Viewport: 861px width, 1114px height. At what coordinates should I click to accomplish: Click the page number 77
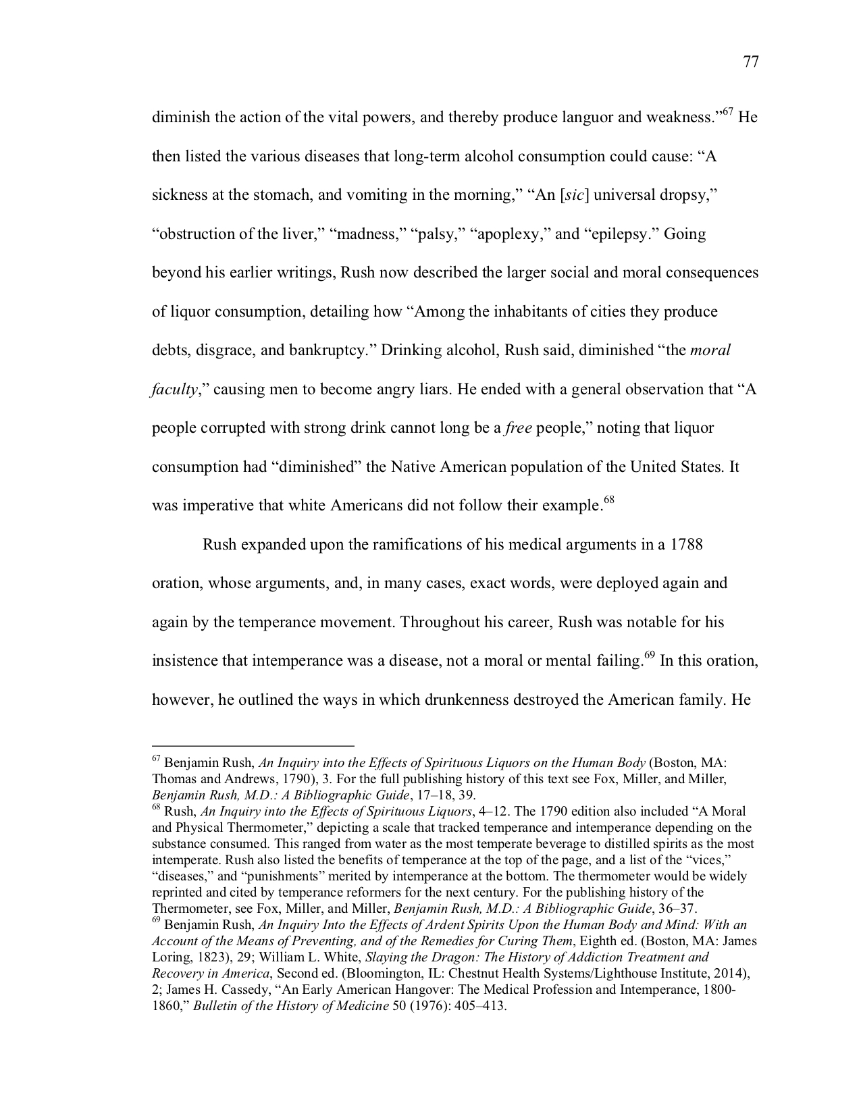(x=751, y=62)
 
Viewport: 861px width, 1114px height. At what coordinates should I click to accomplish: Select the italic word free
(x=518, y=429)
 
